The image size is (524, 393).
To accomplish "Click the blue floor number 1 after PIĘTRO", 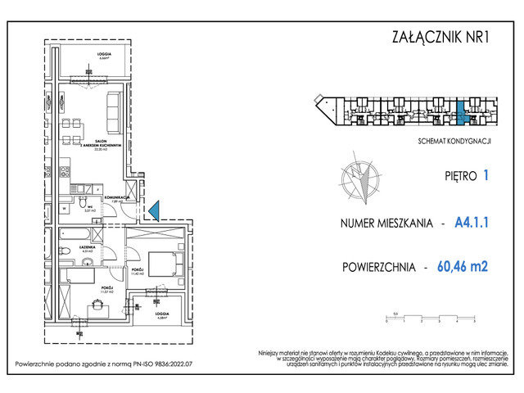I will pos(486,174).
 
